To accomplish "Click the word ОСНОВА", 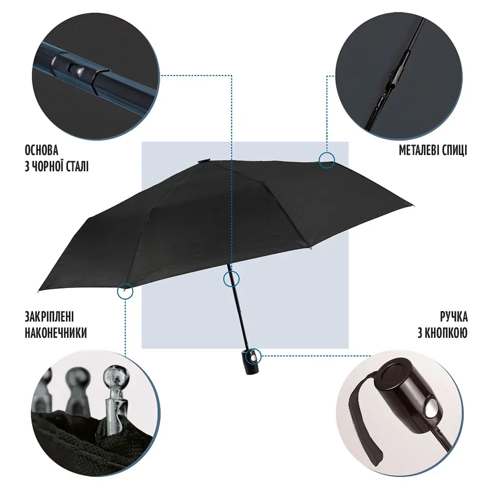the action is click(42, 150).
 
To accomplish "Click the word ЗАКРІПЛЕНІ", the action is click(49, 317).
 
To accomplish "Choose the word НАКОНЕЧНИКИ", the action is click(56, 333).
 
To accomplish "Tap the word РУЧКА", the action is click(454, 317).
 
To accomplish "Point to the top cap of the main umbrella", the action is click(204, 161).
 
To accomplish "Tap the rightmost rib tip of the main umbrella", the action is click(413, 206).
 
